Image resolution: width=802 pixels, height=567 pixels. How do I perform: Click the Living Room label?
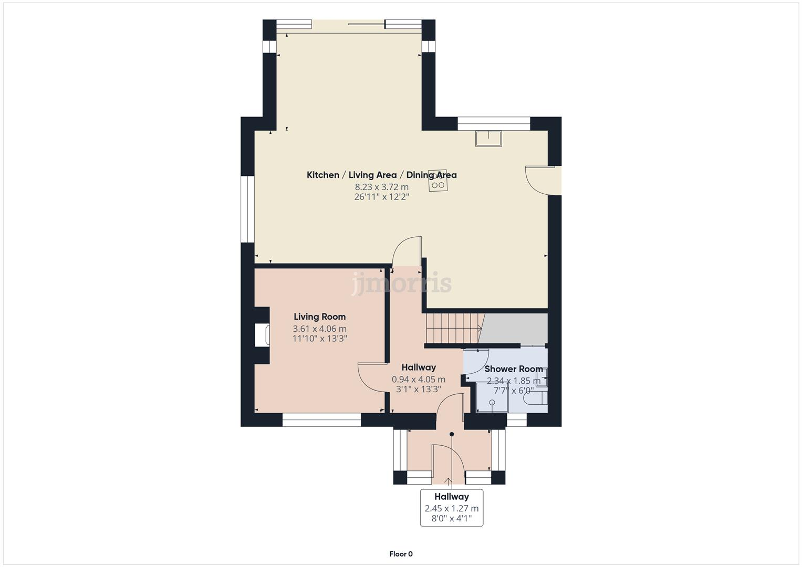click(319, 317)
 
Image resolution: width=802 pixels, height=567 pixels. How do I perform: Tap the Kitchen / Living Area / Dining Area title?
click(381, 175)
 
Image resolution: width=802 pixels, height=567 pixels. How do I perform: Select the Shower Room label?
click(513, 369)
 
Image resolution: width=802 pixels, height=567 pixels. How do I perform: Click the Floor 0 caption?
click(401, 554)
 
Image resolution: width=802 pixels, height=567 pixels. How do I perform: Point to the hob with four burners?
click(438, 181)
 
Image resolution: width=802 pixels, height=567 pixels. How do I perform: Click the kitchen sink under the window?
click(488, 138)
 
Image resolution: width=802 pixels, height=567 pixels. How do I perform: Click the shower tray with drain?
click(492, 397)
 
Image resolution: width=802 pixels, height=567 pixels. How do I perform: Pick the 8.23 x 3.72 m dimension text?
click(381, 187)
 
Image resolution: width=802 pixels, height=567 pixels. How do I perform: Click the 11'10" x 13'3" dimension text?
click(319, 339)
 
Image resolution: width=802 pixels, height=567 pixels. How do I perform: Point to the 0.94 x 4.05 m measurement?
click(418, 379)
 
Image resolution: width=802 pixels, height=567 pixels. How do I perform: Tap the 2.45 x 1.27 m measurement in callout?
click(451, 508)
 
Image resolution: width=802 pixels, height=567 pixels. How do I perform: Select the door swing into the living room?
click(372, 377)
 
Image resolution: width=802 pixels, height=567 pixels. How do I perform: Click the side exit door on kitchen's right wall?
click(541, 181)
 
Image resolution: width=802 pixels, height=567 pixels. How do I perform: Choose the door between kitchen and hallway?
click(408, 251)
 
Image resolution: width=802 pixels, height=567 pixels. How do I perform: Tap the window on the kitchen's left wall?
click(247, 209)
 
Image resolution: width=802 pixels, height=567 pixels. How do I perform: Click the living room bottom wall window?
click(321, 419)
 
